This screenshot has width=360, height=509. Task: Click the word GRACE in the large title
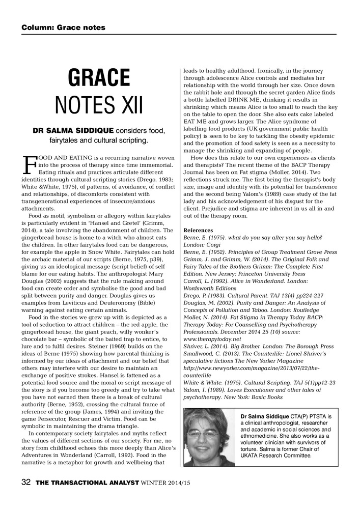(100, 77)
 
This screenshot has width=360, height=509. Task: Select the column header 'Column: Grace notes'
(63, 27)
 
